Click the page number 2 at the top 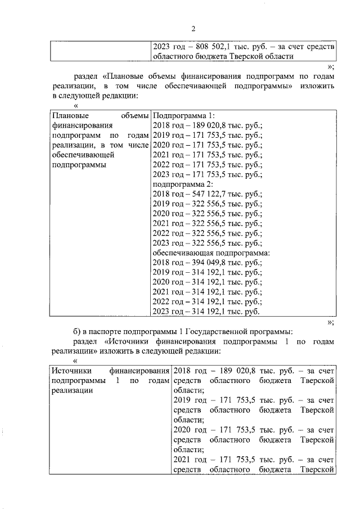[x=192, y=29]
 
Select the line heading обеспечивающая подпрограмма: [x=211, y=253]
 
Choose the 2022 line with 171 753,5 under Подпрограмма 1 [x=208, y=164]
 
